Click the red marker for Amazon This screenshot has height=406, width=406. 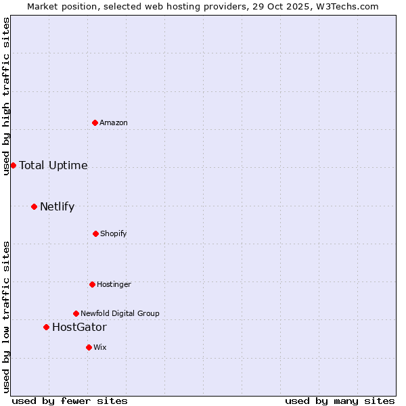[x=95, y=122]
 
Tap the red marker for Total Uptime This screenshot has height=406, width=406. [x=13, y=165]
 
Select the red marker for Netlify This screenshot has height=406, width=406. [x=34, y=206]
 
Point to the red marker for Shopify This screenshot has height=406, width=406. [x=95, y=233]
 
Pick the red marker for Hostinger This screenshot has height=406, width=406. [x=92, y=284]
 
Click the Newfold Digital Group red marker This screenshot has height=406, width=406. [x=76, y=313]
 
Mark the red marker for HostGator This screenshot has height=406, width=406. [x=46, y=327]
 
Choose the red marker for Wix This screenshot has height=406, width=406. [x=89, y=347]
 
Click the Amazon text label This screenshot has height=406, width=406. [x=114, y=122]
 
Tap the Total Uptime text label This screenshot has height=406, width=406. [x=53, y=165]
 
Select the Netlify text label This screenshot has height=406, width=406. [x=57, y=206]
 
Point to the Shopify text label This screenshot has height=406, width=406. [x=114, y=233]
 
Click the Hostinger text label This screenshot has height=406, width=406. [x=114, y=284]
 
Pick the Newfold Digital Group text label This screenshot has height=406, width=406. [x=120, y=313]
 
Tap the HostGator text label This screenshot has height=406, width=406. [x=79, y=327]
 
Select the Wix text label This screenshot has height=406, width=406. [x=100, y=347]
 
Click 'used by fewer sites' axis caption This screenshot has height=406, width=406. [x=70, y=401]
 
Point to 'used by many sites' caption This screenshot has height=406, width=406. [x=340, y=401]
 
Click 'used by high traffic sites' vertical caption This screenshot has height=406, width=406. [x=7, y=96]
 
